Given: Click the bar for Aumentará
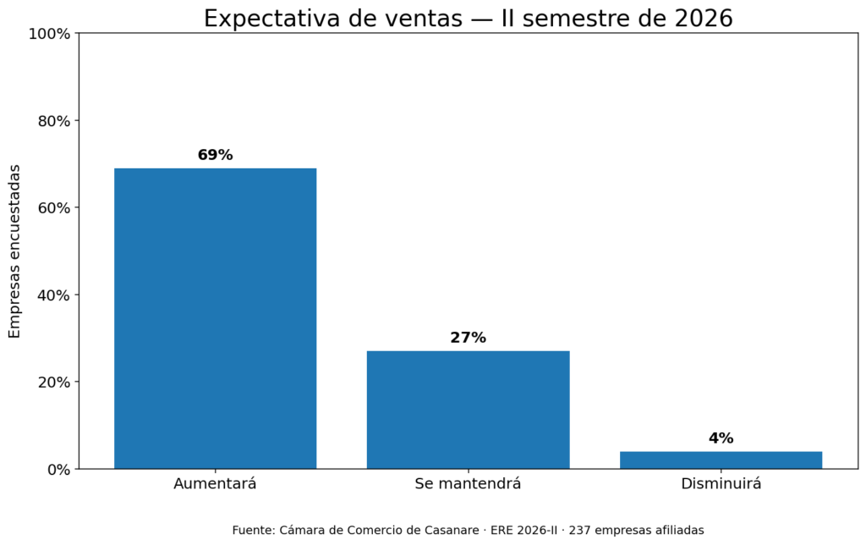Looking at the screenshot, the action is point(216,318).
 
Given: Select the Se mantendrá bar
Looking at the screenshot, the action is point(469,410).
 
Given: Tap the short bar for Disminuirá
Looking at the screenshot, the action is point(721,460).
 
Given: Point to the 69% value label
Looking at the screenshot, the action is point(216,155).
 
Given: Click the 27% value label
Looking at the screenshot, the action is point(469,338).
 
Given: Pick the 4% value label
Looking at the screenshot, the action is point(721,438).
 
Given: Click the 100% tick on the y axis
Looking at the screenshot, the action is point(50,34).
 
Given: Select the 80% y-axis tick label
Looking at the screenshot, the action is point(54,121).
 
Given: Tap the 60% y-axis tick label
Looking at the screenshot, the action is point(54,208).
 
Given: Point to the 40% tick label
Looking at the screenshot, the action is point(54,295).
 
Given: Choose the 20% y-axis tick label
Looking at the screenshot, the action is point(54,383).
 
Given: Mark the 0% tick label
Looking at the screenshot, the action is point(58,470).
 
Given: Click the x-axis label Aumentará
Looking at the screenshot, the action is point(216,484).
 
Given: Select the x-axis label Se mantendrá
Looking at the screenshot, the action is point(469,484).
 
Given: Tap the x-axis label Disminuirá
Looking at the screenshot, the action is point(721,484).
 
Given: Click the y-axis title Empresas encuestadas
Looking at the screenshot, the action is point(14,251).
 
